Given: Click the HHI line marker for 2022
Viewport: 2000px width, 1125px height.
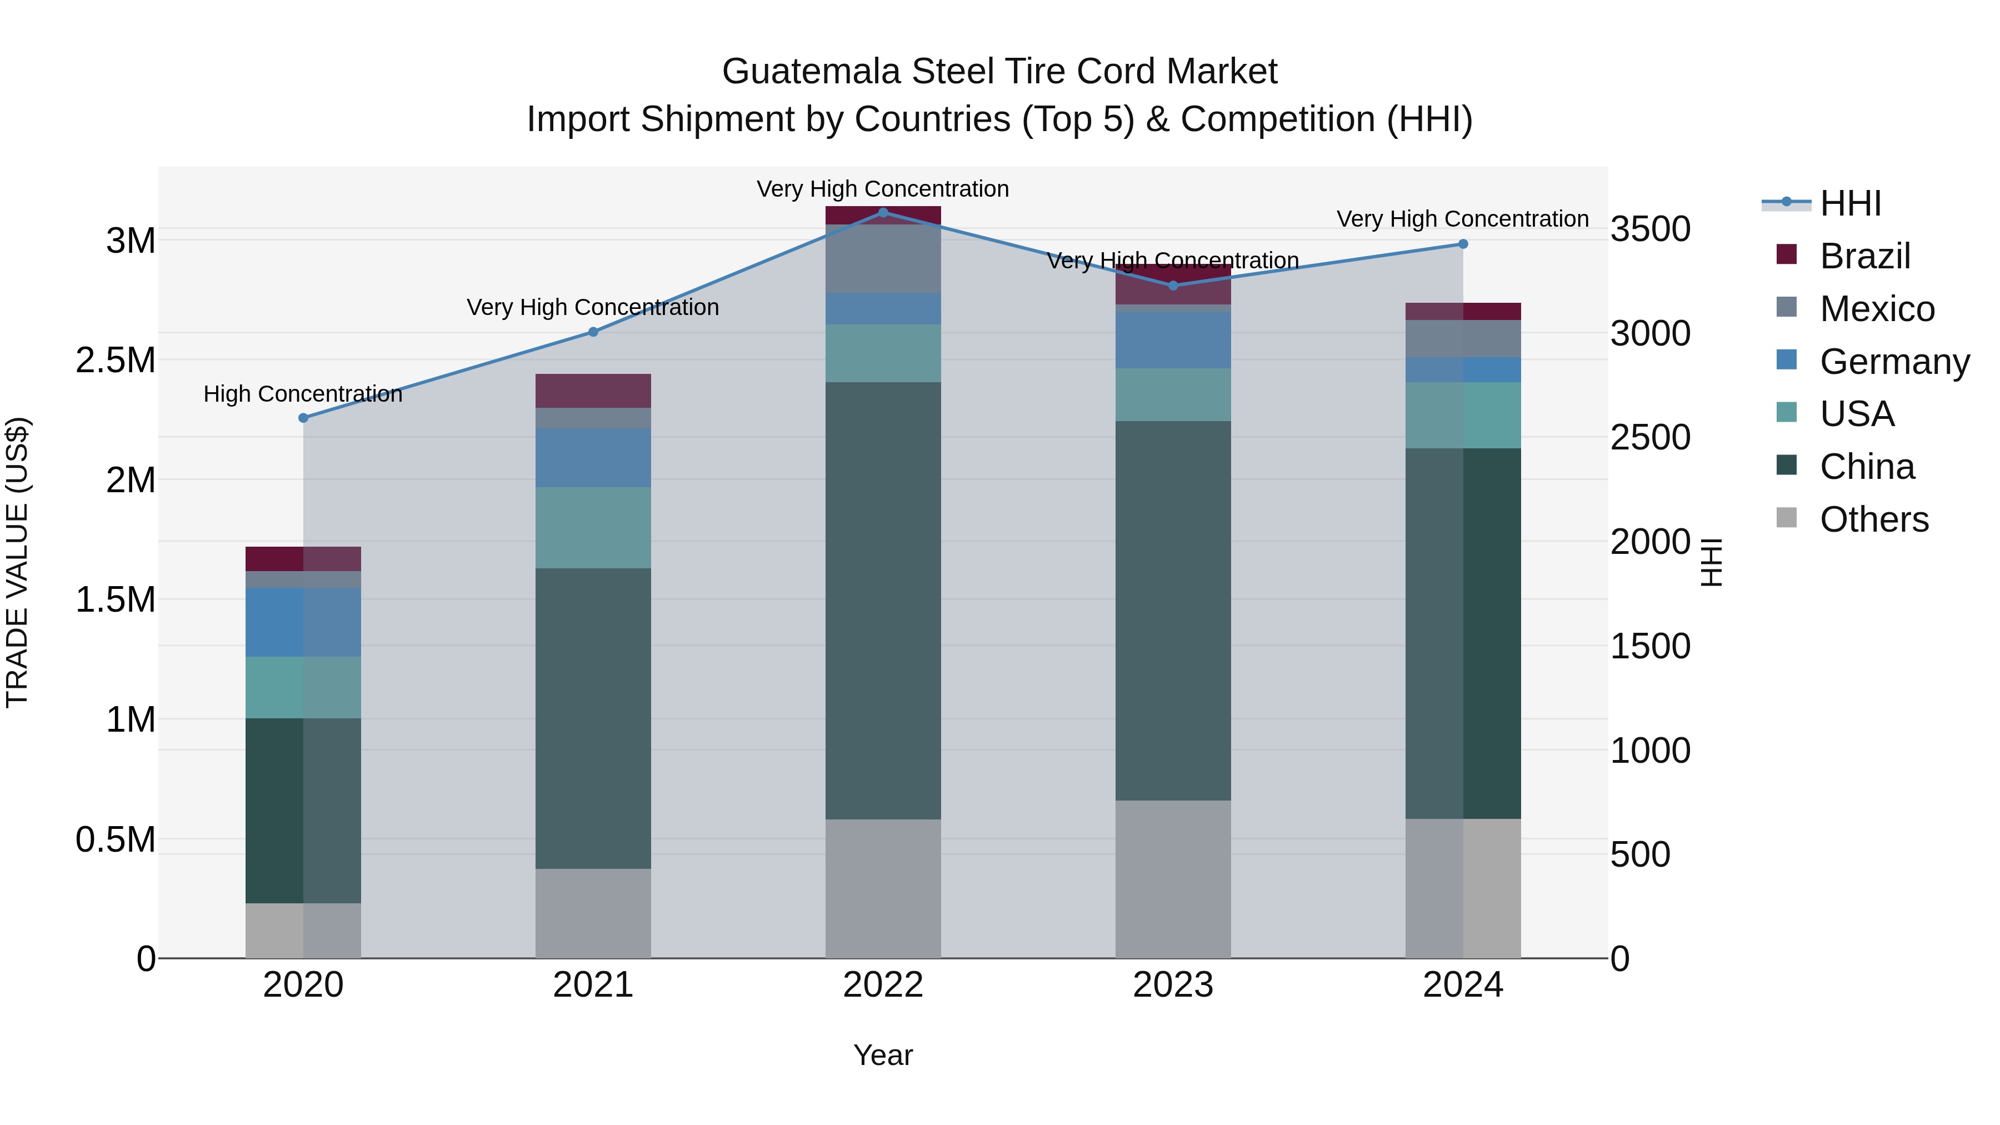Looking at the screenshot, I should coord(883,212).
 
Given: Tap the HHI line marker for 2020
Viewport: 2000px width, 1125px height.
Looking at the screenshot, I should coord(303,418).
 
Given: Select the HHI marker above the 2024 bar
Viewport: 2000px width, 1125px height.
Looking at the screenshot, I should coord(1463,244).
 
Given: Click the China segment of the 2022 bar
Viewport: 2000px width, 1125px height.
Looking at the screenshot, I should coord(883,599).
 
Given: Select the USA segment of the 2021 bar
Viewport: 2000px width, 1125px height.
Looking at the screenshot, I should coord(593,527).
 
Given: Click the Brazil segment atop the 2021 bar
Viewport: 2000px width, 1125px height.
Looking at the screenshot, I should coord(593,391).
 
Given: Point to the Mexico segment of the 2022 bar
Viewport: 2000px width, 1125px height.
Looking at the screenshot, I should coord(883,258).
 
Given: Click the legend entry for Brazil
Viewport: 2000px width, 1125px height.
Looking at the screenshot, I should coord(1864,256).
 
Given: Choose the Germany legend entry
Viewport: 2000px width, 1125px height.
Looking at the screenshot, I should coord(1894,362).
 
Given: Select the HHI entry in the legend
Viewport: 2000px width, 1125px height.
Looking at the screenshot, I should coord(1849,203).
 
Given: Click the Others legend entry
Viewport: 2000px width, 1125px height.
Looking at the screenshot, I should coord(1873,519).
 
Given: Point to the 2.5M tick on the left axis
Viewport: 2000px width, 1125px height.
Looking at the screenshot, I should coord(116,360).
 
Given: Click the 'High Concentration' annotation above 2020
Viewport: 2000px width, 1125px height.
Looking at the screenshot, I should coord(303,394).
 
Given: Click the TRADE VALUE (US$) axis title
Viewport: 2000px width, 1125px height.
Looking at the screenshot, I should coord(17,562).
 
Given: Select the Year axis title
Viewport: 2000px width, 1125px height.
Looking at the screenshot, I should coord(883,1055).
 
